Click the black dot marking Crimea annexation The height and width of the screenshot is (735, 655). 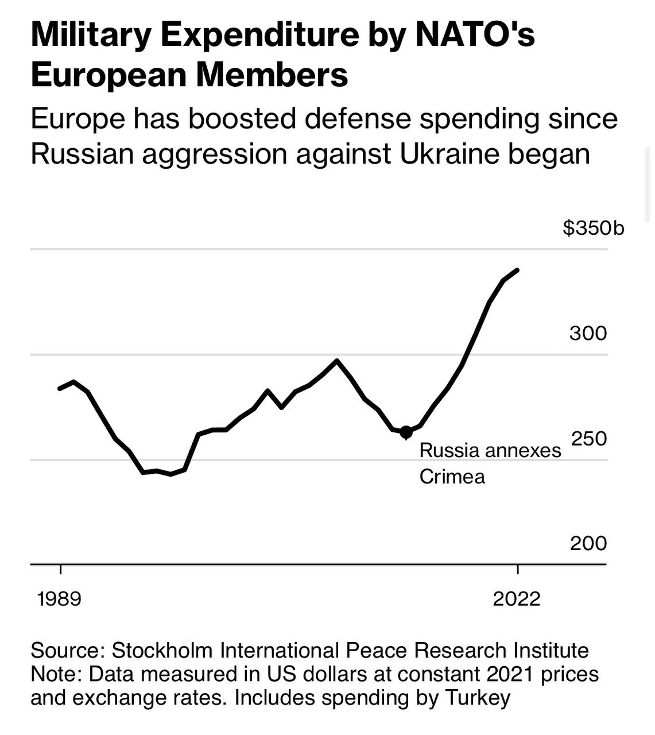point(406,432)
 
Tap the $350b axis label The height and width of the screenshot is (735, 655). point(593,228)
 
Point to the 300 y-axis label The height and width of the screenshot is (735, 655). point(588,333)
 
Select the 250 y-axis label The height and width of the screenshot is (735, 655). point(588,438)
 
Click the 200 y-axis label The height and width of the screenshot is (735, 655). point(588,543)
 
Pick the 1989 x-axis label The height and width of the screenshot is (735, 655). point(59,599)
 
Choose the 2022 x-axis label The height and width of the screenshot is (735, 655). point(517,599)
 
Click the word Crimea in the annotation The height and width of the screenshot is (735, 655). point(452,477)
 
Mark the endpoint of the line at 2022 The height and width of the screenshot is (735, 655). point(517,270)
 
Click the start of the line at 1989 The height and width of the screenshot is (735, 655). point(60,389)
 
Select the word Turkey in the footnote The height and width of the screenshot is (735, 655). point(478,698)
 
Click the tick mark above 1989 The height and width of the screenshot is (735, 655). point(60,570)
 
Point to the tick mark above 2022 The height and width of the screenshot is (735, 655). point(517,570)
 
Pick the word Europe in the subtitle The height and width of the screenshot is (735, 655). point(77,119)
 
